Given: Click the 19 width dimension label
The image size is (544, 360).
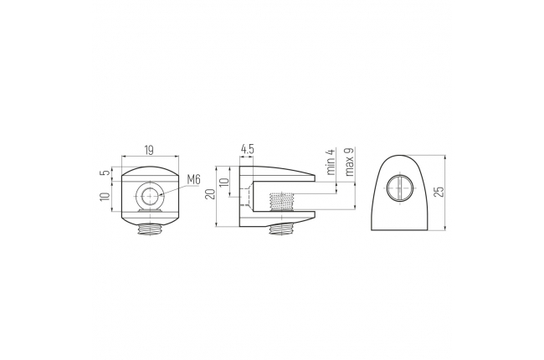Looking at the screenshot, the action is [149, 151].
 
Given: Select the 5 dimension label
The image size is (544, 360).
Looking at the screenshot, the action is [106, 171].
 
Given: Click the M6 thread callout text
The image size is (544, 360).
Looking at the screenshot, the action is [194, 179].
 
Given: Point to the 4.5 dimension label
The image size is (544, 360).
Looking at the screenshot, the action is [248, 149].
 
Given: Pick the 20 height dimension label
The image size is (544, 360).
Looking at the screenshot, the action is [210, 194].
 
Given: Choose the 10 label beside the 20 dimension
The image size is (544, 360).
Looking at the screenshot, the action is [224, 182].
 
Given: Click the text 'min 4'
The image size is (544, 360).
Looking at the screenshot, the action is [331, 162].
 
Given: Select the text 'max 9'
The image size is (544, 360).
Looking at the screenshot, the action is [349, 162].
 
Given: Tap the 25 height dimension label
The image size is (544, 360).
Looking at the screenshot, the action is [439, 192].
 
